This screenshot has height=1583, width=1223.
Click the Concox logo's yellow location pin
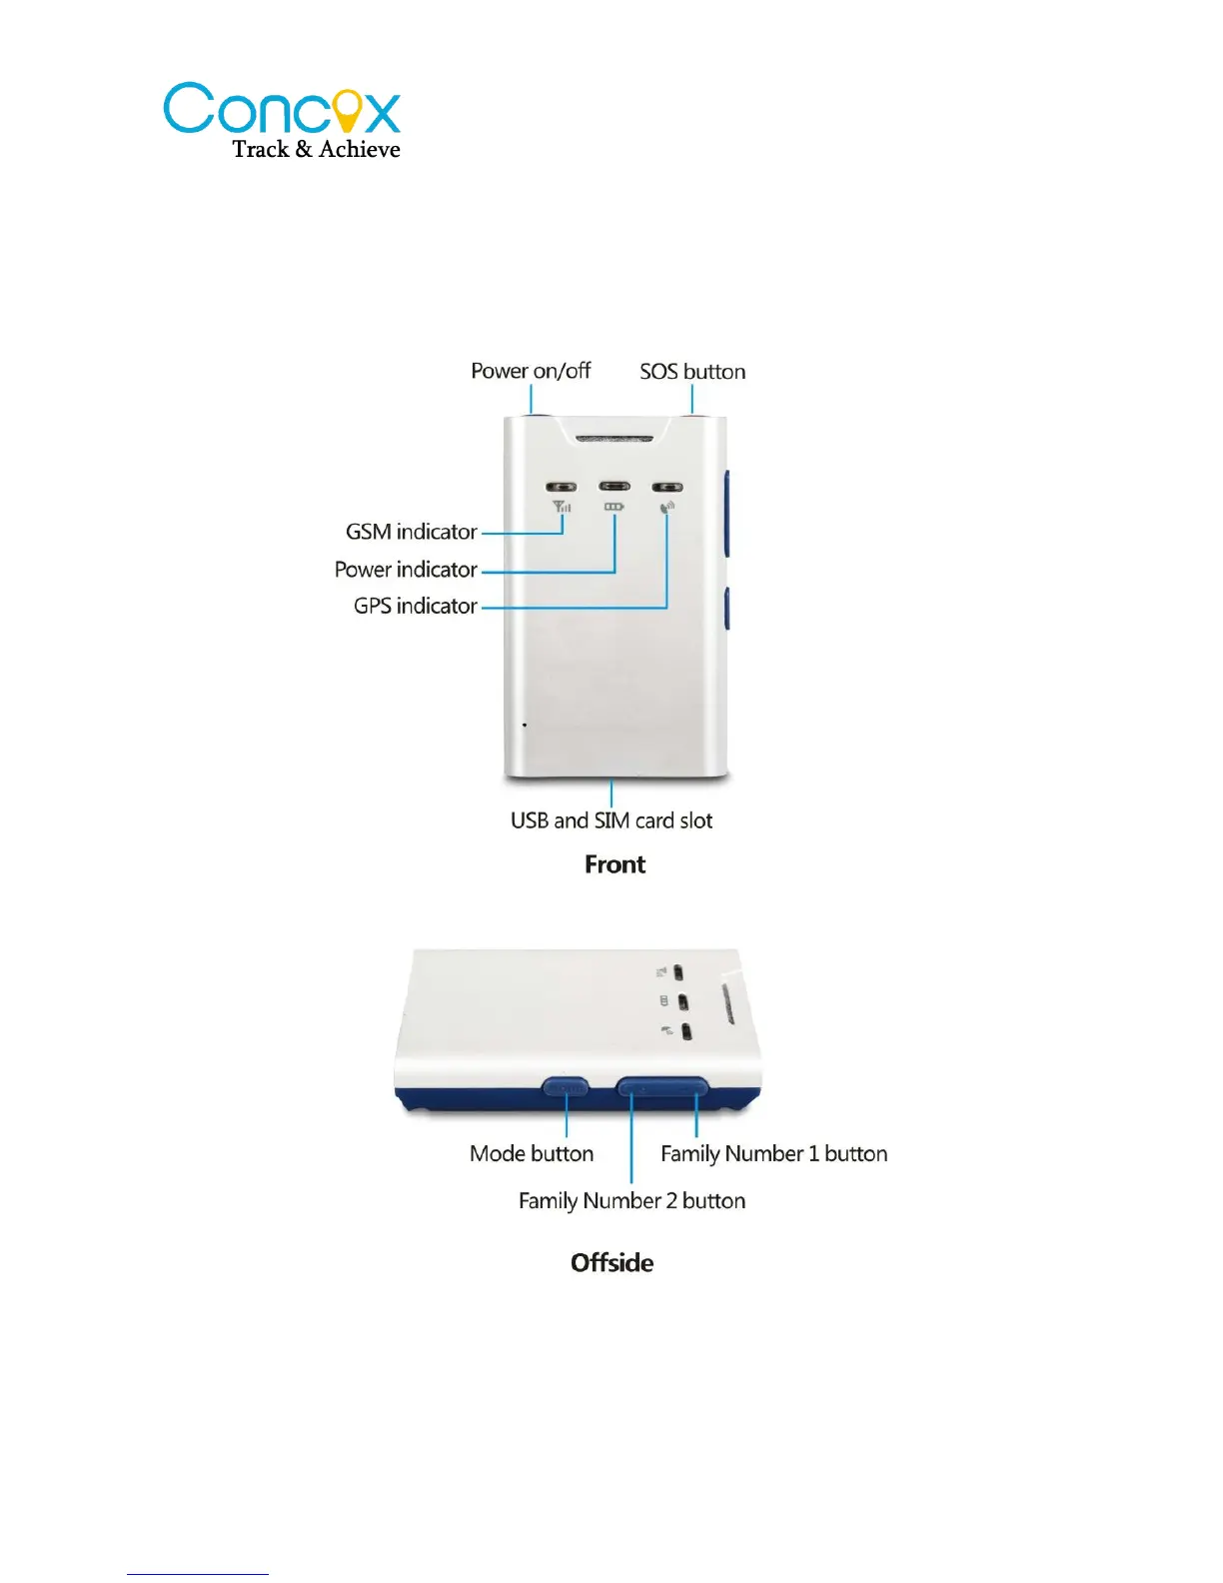pos(346,110)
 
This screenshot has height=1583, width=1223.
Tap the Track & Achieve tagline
pos(316,149)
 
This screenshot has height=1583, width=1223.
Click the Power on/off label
pos(531,371)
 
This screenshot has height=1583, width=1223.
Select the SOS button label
pos(692,372)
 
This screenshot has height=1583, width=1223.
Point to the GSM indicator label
pos(411,532)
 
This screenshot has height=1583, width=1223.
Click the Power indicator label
pos(406,570)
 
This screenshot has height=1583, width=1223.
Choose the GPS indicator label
pos(415,606)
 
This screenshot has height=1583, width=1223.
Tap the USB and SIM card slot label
pos(611,820)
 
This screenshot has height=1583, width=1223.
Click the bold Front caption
pos(614,864)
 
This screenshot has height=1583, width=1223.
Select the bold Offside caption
pos(611,1263)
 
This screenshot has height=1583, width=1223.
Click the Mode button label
pos(532,1153)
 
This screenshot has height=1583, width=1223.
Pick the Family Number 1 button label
pos(773,1153)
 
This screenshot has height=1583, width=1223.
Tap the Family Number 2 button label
pos(631,1200)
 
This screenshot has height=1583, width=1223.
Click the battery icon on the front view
pos(613,508)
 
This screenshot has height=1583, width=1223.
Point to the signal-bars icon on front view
pos(562,508)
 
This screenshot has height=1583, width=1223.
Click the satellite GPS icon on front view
pos(666,508)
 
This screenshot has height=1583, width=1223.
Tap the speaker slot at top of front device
pos(613,437)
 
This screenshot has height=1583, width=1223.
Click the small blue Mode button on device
pos(565,1086)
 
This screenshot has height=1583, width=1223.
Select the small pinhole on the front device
pos(525,725)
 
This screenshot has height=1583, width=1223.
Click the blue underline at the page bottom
pos(197,1574)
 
